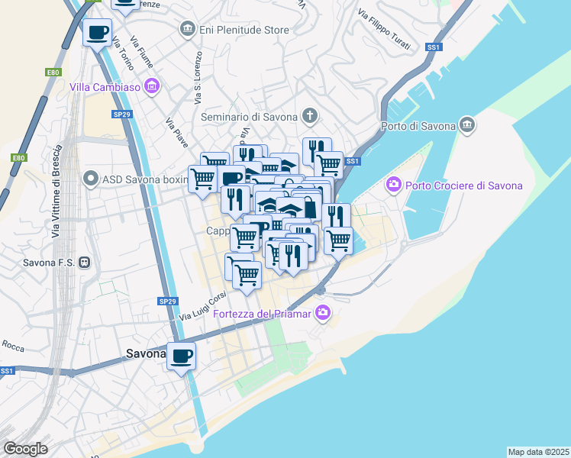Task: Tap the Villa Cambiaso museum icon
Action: [x=152, y=86]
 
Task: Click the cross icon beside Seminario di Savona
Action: [x=309, y=117]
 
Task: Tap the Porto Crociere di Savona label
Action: [x=464, y=185]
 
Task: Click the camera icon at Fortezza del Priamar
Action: [x=324, y=311]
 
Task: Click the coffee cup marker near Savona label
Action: [x=182, y=356]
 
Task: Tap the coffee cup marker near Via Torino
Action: [x=97, y=32]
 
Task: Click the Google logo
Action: [x=25, y=449]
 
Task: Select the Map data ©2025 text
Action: [x=539, y=451]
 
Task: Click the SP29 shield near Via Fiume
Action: [x=122, y=114]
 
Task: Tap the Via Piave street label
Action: [x=177, y=131]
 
